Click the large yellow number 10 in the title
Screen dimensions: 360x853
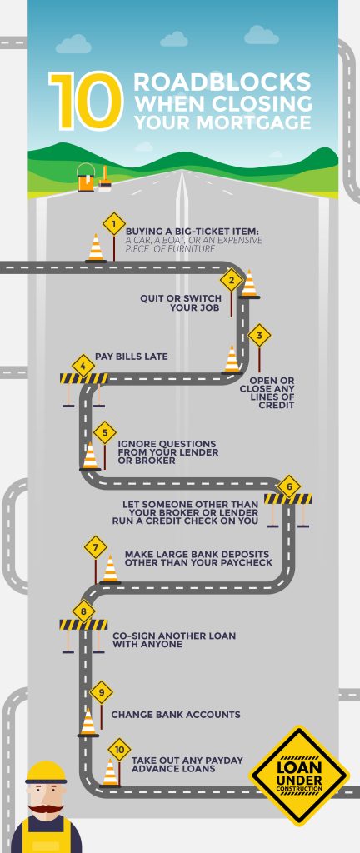point(86,101)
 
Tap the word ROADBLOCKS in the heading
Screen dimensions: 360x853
point(222,82)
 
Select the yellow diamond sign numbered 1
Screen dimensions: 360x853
point(113,223)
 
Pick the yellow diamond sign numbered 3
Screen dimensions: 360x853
point(259,335)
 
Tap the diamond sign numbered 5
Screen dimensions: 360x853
point(105,433)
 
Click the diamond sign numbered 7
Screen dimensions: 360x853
point(96,547)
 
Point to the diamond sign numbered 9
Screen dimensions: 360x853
point(101,692)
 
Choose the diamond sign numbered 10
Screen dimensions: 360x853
point(120,750)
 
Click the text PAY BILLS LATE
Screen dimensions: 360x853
point(132,357)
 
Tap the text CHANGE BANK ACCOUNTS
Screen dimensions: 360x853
point(176,714)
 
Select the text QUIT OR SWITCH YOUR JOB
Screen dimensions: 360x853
point(181,303)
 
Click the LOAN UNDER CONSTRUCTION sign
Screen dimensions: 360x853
point(300,776)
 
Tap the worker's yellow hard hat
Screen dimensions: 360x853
point(46,773)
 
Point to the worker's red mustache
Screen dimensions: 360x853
point(46,809)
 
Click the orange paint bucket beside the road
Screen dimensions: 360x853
point(86,177)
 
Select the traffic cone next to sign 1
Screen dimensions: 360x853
point(97,248)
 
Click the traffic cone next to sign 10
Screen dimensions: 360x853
point(110,772)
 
